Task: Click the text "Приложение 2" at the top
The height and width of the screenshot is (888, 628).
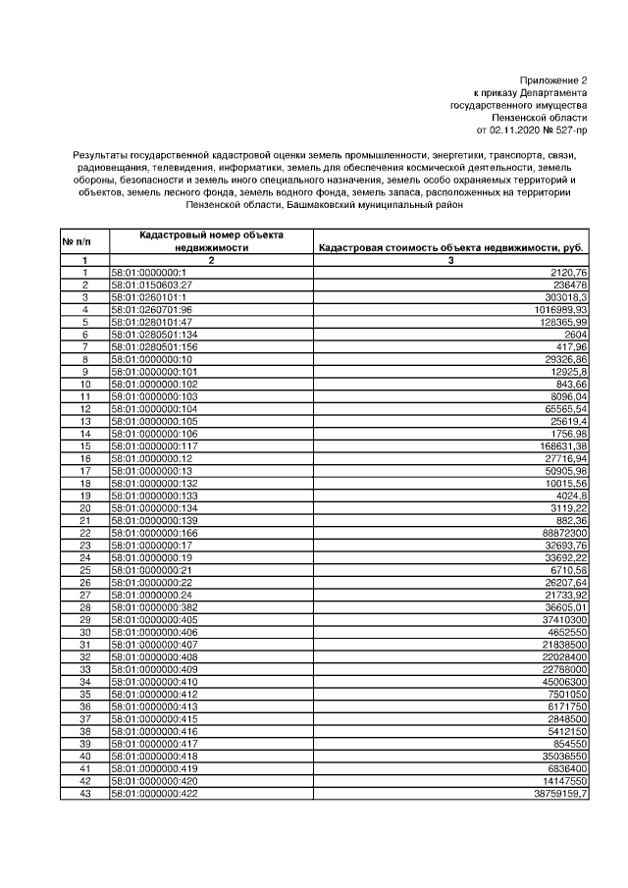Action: pyautogui.click(x=553, y=79)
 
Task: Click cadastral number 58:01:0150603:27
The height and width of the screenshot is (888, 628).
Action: pyautogui.click(x=151, y=285)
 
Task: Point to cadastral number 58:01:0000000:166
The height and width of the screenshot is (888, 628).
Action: pyautogui.click(x=154, y=533)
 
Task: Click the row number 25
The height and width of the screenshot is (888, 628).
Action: pyautogui.click(x=84, y=570)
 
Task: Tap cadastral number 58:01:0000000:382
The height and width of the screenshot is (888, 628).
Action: pyautogui.click(x=154, y=607)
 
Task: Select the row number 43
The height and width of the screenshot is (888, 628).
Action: pyautogui.click(x=84, y=793)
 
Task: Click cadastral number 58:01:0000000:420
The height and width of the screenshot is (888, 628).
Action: pyautogui.click(x=154, y=780)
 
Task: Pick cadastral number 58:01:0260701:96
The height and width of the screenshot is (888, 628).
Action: pyautogui.click(x=151, y=309)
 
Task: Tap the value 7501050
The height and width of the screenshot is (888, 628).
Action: pyautogui.click(x=567, y=694)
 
